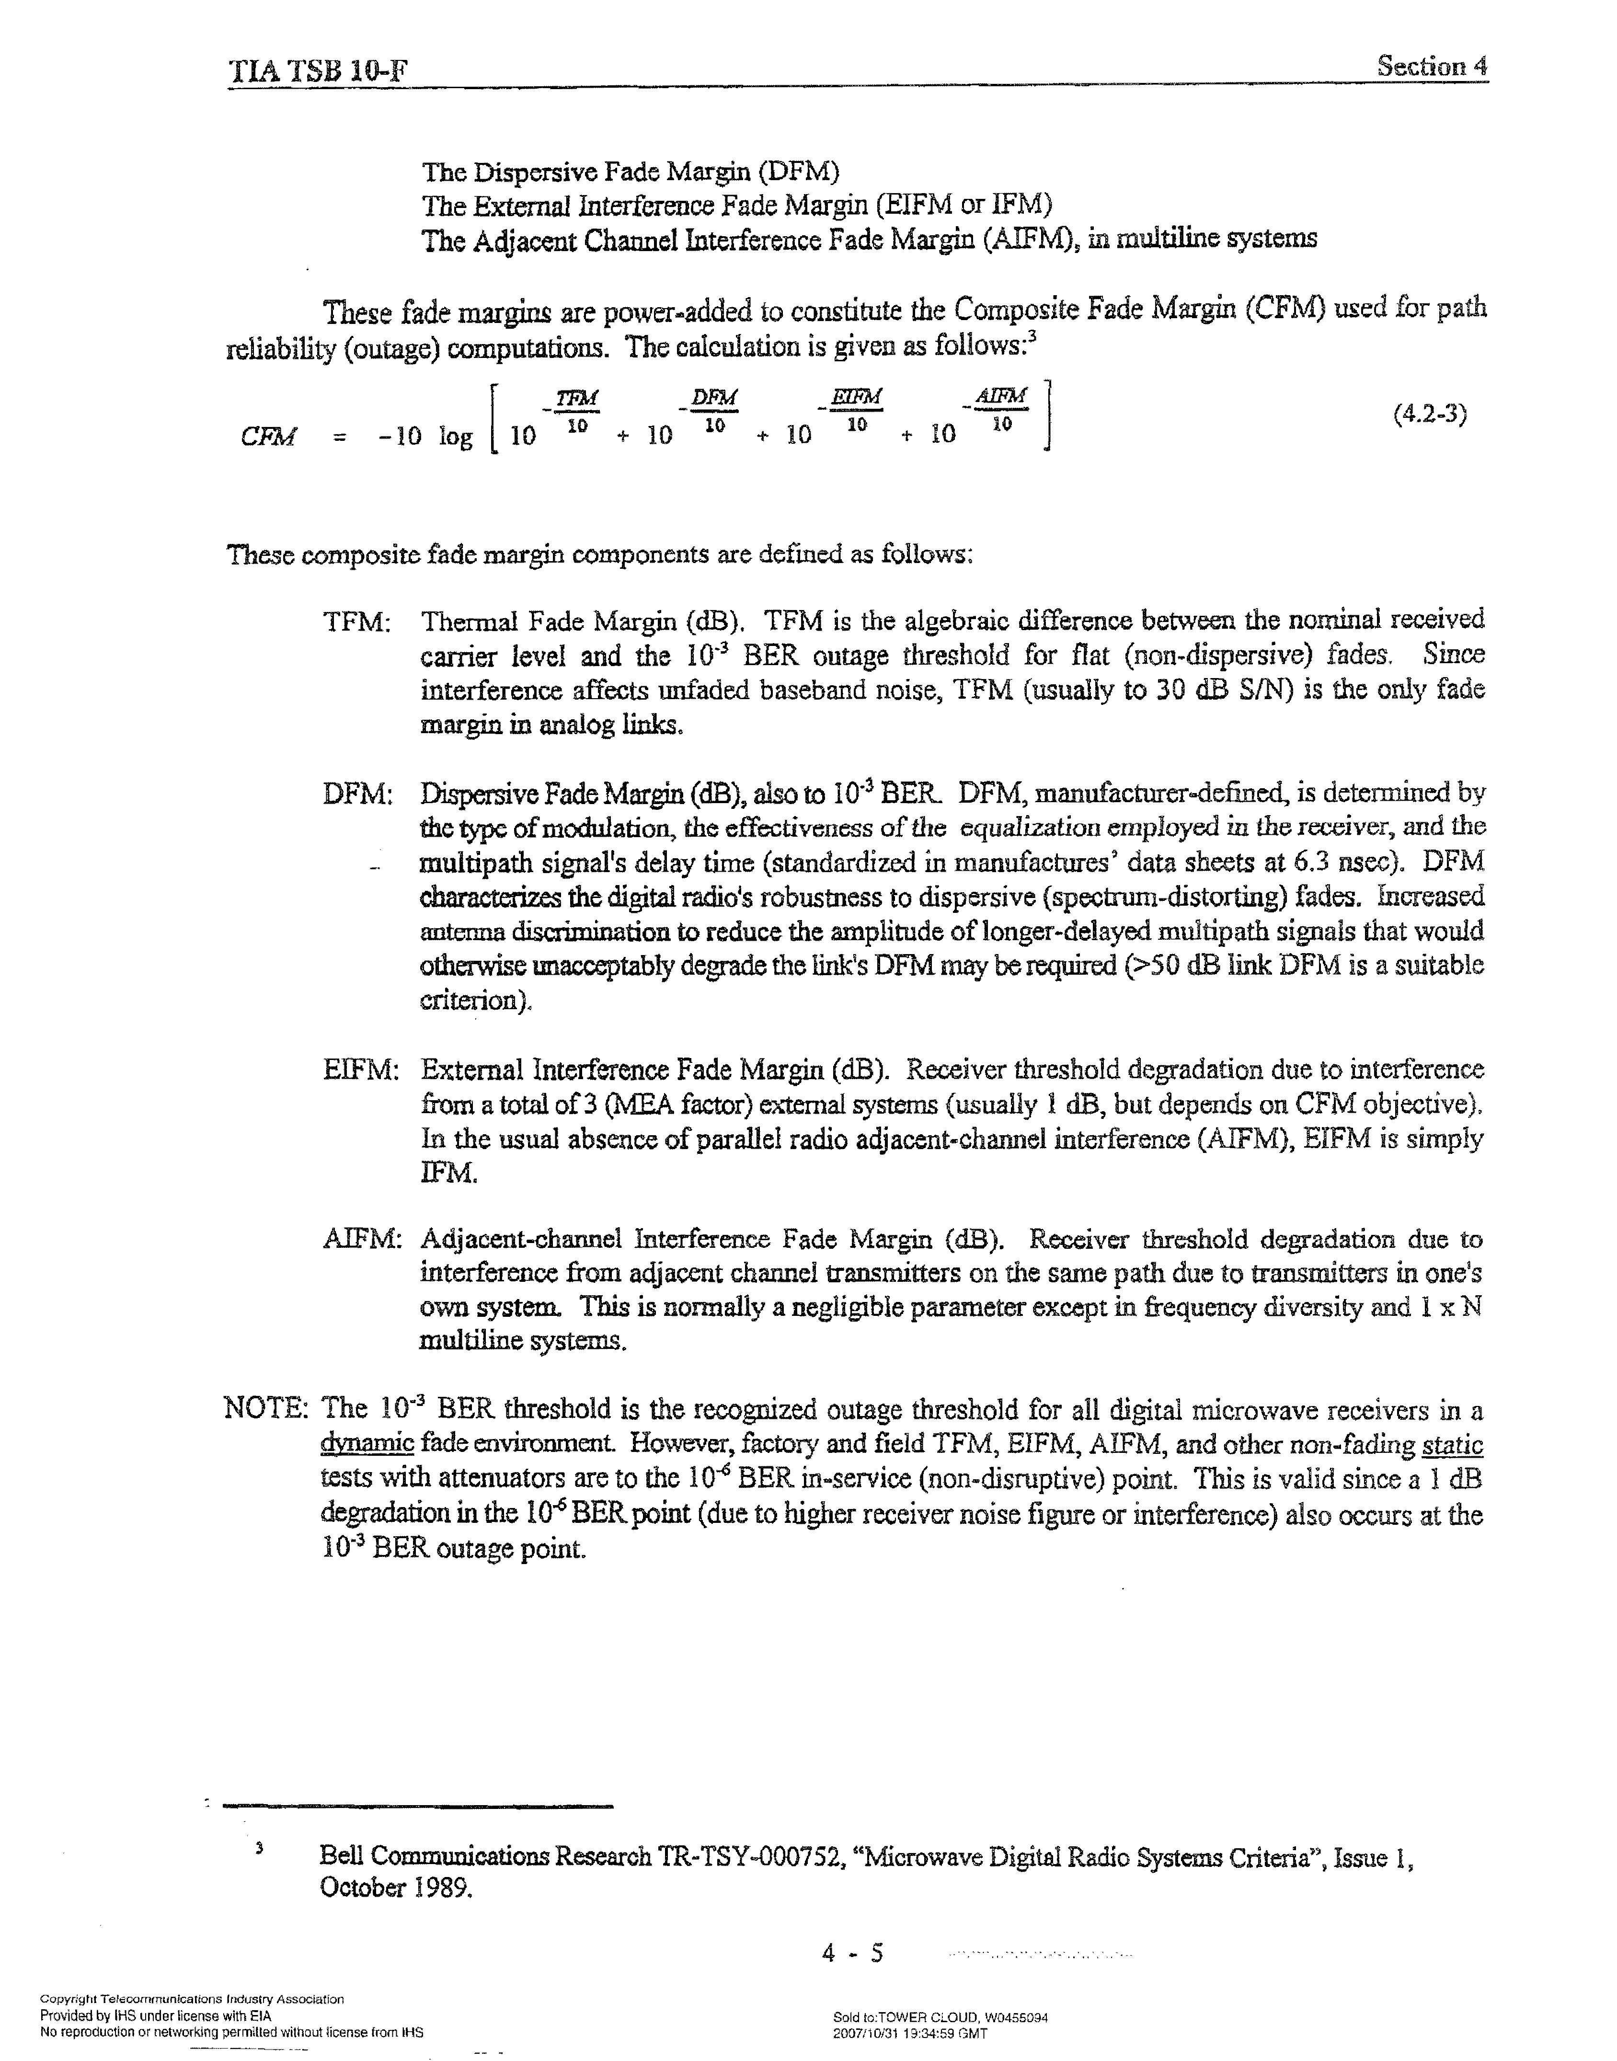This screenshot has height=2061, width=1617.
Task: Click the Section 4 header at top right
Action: (x=1432, y=66)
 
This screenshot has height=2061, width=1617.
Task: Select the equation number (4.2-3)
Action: (x=1430, y=415)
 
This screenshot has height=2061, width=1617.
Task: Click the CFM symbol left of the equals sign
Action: (x=269, y=437)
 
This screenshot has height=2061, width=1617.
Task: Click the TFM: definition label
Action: (x=357, y=622)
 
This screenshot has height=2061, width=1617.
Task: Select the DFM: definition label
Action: (x=358, y=794)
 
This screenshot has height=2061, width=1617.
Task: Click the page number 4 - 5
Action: (x=852, y=1953)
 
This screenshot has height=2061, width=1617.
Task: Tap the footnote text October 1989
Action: (x=396, y=1888)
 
